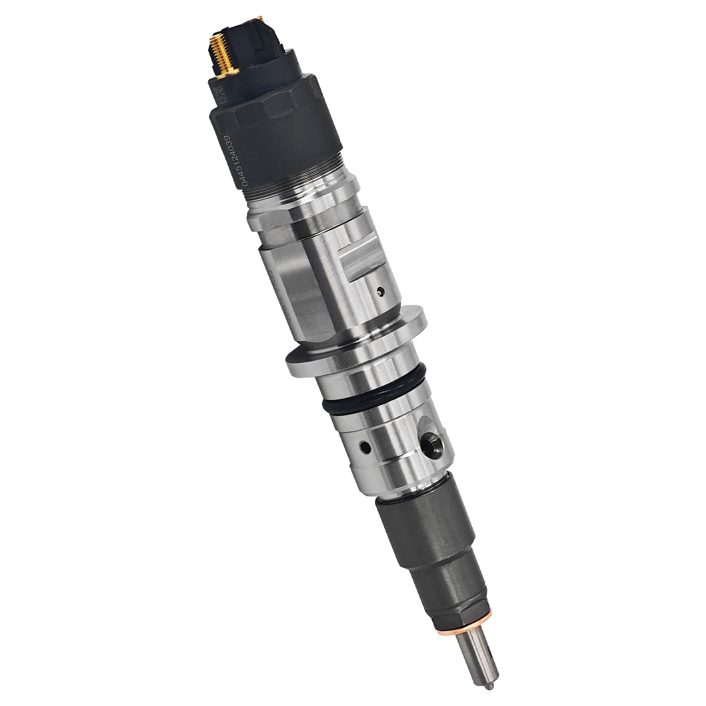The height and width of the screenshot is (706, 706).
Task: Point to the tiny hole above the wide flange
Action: point(381,292)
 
